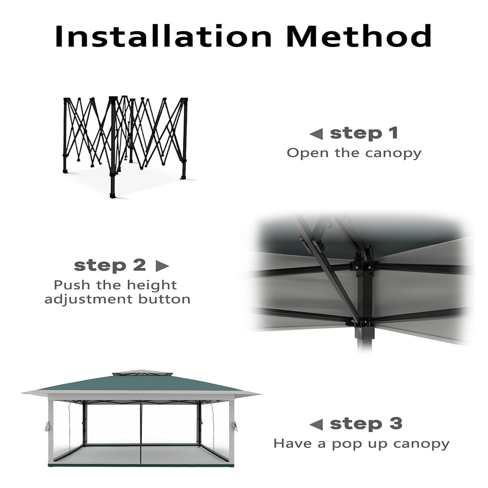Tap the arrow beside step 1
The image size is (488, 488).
pos(316,134)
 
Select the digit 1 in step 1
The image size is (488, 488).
pos(394,133)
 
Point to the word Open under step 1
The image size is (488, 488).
pos(308,153)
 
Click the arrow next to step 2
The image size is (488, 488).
pos(162,266)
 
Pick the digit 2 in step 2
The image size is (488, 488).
pos(139,265)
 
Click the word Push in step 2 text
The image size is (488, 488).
pos(72,285)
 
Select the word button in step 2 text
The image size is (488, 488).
pos(164,299)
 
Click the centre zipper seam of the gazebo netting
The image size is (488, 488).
pos(141,434)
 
